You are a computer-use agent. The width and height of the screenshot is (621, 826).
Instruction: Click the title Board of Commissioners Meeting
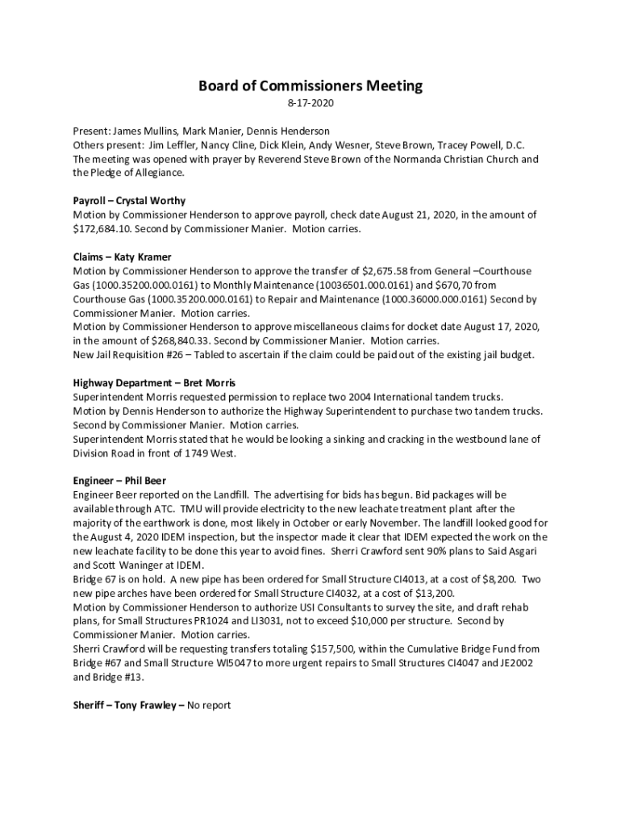pos(310,86)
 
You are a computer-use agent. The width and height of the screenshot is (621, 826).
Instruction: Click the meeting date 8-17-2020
pos(310,104)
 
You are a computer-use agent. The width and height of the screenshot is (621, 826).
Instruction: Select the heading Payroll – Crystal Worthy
pos(129,201)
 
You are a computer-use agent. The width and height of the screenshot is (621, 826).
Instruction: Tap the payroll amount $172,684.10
pos(99,229)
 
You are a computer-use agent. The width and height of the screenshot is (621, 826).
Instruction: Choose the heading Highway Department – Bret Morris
pos(154,382)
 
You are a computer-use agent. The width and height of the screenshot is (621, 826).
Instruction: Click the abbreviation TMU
pos(189,509)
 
